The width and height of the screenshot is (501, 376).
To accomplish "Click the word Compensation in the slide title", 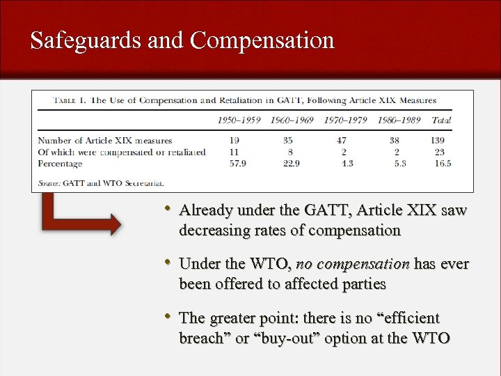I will coord(262,40).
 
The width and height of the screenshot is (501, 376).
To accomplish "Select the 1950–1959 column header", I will coord(239,120).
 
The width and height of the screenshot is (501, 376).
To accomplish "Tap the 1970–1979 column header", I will coord(345,120).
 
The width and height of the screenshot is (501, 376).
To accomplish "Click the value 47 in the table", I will coord(342,141).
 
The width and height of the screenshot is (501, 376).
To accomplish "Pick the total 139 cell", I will coord(438,141).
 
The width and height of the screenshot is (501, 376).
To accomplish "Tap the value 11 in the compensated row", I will coord(234,152).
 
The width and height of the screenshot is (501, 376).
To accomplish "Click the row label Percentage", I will coord(60,164).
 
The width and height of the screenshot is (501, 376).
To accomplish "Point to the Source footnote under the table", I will coord(101,183).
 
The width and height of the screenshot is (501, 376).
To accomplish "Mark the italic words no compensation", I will coord(353,264).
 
